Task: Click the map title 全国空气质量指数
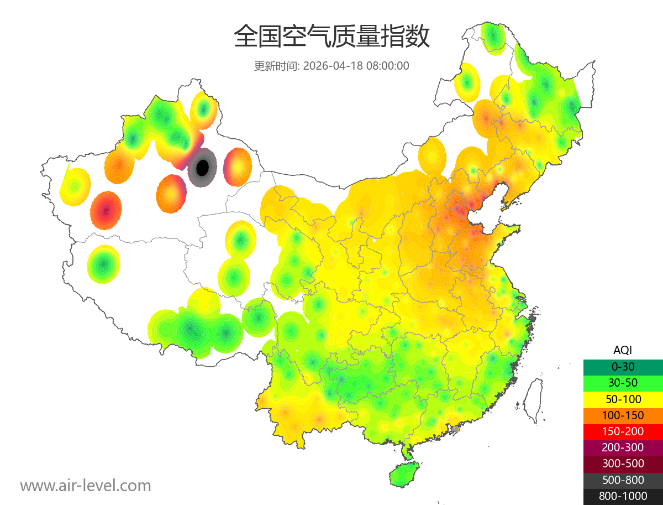coord(331,37)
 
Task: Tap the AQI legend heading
coord(623,350)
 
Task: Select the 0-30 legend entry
coord(623,366)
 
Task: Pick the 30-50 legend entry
coord(623,382)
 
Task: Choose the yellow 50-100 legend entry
coord(623,398)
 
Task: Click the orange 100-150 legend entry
coord(623,415)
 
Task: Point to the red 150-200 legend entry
coord(623,431)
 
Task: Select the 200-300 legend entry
coord(623,447)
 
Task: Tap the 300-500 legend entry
coord(623,464)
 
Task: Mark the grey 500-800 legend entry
coord(623,480)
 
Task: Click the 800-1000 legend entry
coord(623,496)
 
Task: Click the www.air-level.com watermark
coord(86,486)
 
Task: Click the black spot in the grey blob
coord(203,166)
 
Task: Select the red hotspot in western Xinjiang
coord(106,210)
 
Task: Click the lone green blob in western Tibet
coord(103,264)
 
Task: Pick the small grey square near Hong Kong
coord(455,429)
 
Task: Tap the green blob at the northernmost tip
coord(492,38)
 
